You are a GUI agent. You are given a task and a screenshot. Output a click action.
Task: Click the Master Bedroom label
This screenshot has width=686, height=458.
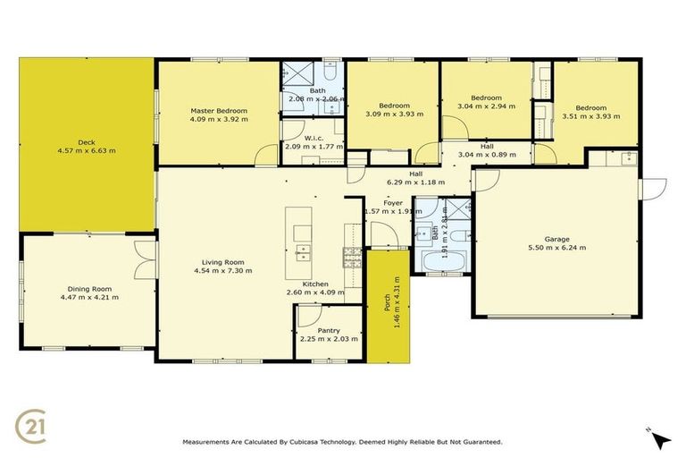coord(218,111)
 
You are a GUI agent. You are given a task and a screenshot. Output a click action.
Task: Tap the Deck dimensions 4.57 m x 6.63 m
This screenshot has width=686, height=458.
coord(87,150)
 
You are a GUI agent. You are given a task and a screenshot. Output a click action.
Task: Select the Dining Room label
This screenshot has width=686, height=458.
coord(88,288)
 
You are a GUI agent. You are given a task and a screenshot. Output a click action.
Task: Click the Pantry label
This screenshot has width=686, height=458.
coord(328,330)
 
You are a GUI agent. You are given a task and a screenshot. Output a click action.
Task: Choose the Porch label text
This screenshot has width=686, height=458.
coord(386,303)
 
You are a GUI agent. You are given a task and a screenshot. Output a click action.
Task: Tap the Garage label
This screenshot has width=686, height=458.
coord(557,239)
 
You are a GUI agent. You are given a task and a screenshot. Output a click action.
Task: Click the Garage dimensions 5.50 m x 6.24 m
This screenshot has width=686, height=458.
coord(557,248)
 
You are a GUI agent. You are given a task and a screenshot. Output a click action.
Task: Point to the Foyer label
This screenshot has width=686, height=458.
coord(393,202)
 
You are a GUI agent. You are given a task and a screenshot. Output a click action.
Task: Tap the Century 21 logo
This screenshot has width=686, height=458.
coord(31,425)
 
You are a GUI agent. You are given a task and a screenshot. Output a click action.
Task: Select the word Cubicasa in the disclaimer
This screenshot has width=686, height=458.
coord(337,442)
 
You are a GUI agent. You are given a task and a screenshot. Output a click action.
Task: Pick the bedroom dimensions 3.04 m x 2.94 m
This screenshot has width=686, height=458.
coord(486,106)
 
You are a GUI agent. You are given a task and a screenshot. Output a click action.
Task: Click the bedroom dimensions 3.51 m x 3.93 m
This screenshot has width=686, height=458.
coord(591,115)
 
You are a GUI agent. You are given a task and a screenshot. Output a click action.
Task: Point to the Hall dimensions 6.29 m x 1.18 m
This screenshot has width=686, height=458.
coord(415,182)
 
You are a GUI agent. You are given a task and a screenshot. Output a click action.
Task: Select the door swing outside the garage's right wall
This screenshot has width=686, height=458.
coord(656,187)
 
